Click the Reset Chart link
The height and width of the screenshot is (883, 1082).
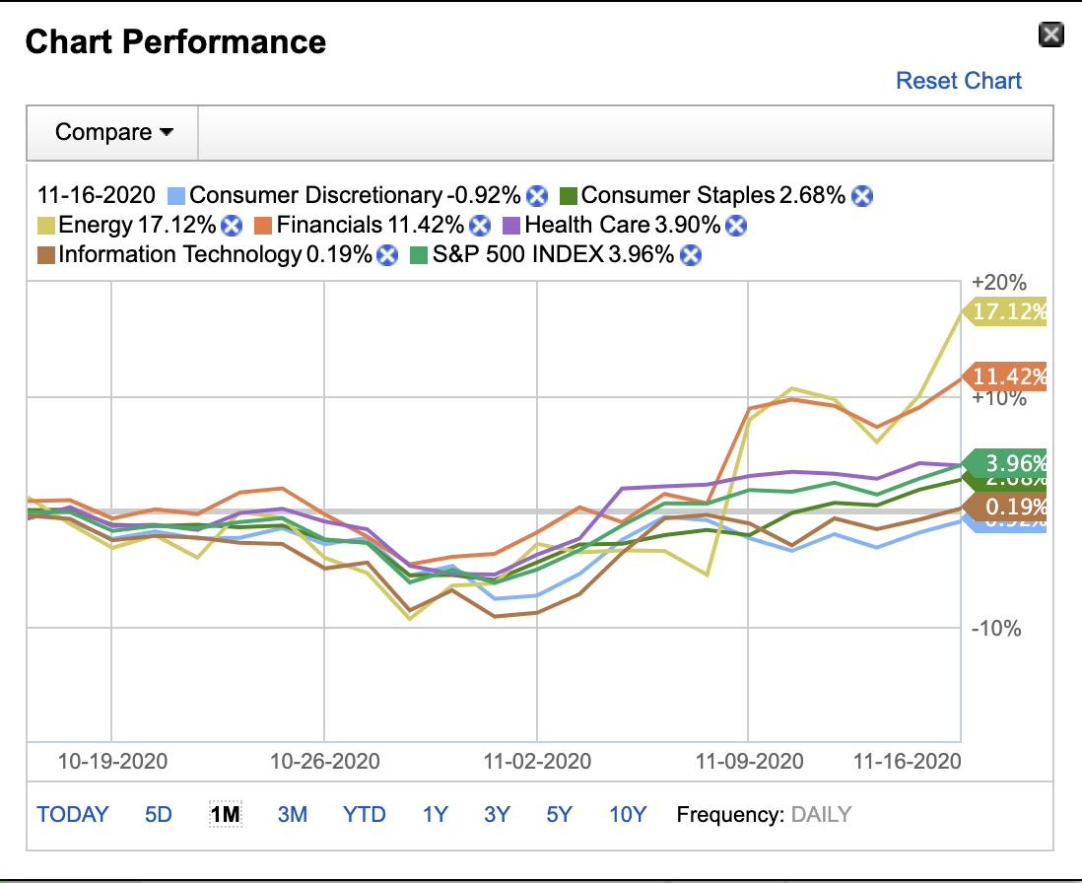coord(958,81)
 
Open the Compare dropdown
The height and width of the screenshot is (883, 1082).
coord(113,132)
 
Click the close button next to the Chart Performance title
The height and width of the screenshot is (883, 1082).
coord(1051,36)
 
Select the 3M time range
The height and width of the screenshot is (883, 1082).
coord(292,815)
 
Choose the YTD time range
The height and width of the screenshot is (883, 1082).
coord(364,815)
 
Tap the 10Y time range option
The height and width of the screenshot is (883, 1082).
coord(627,815)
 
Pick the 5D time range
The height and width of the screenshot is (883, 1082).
coord(158,815)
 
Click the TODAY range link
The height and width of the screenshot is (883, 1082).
coord(73,815)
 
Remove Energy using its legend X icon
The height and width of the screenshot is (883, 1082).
coord(232,226)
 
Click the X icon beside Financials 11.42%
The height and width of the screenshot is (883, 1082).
coord(480,226)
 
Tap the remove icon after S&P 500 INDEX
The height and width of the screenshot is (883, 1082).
coord(692,255)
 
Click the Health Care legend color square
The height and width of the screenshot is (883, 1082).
coord(511,226)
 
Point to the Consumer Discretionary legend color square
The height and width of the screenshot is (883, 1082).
coord(176,195)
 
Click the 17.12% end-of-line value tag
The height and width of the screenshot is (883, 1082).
coord(1007,312)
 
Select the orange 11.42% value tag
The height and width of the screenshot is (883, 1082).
coord(1007,376)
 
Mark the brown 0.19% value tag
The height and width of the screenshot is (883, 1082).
coord(1007,508)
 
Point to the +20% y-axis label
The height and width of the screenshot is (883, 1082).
coord(998,283)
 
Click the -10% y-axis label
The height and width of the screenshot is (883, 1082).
coord(996,629)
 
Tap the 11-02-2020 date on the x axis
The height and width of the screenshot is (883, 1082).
coord(536,762)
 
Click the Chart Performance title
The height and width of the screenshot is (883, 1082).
coord(175,42)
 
